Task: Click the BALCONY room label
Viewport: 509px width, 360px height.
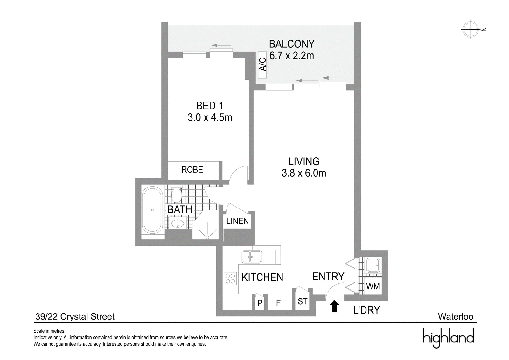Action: (x=292, y=44)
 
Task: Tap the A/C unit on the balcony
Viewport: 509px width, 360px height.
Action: (x=262, y=65)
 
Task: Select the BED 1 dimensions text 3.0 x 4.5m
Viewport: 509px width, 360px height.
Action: (x=210, y=117)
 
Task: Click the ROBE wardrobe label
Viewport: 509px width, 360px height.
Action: (x=192, y=170)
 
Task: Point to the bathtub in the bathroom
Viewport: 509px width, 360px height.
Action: (x=152, y=210)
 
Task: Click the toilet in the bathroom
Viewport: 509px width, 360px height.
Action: (x=176, y=195)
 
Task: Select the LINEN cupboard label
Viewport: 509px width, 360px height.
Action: (x=237, y=221)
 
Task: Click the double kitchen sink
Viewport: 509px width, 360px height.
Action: (x=252, y=257)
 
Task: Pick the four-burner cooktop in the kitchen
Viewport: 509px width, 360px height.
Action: (x=230, y=279)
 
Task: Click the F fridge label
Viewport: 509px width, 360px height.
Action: (x=278, y=303)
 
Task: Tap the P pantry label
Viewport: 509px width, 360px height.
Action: (x=260, y=303)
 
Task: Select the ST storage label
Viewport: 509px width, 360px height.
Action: (x=303, y=301)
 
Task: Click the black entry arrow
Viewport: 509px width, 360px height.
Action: (x=334, y=306)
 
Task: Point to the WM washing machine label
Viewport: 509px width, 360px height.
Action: (x=373, y=286)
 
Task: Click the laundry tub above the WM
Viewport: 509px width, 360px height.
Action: (x=372, y=265)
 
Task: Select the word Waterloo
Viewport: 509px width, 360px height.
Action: (x=456, y=317)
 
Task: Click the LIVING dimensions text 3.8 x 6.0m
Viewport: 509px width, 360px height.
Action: (x=304, y=173)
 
